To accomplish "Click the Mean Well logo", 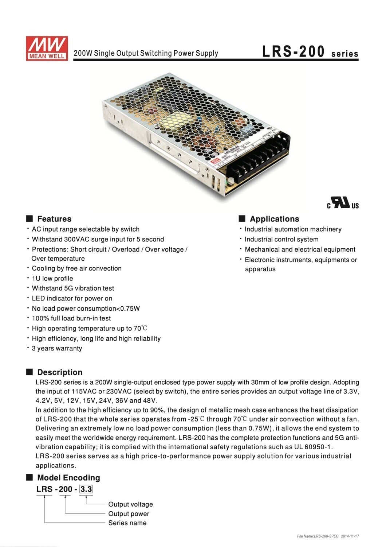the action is point(47,48).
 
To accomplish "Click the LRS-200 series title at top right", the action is point(310,52).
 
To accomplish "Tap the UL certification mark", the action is point(342,203).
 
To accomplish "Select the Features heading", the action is point(54,219).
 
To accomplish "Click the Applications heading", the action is point(274,219).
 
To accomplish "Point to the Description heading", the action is point(60,372).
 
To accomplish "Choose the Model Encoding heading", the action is point(68,478).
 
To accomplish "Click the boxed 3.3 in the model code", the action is point(86,489).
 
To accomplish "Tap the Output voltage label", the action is point(130,504).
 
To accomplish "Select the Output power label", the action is point(129,514).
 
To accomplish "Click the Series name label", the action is point(127,523).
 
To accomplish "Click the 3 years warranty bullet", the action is point(57,348).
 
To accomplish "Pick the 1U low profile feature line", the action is point(52,278).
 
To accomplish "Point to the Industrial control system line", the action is point(281,239).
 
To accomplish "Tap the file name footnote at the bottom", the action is point(328,536).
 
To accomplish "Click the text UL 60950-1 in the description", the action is point(313,447).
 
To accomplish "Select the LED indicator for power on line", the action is point(72,298).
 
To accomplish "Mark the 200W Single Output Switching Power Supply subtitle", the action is point(146,53).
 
